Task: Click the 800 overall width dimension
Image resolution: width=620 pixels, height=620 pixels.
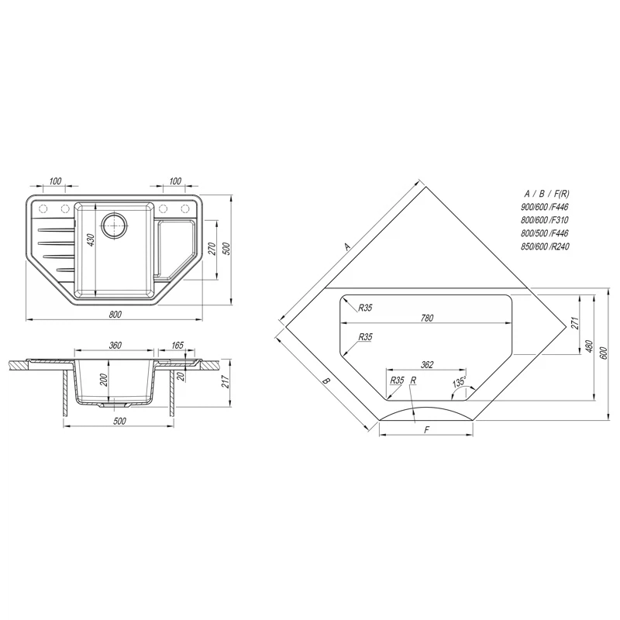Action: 115,315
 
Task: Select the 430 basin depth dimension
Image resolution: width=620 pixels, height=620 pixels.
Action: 91,240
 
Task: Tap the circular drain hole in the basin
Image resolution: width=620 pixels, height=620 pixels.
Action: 114,225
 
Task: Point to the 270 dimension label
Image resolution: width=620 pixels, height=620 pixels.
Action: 212,249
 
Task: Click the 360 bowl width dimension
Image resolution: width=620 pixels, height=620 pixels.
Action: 115,345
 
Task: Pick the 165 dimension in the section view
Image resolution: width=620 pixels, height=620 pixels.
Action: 177,345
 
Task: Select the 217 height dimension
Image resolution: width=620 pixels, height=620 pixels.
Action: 226,381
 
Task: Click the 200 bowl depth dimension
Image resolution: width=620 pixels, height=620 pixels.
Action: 104,380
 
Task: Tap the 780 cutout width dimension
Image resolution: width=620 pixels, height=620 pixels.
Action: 427,318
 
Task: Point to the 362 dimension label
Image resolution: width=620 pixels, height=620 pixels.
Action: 427,364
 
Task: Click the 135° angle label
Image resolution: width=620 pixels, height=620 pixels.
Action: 460,382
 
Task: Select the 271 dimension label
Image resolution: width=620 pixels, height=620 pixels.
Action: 575,323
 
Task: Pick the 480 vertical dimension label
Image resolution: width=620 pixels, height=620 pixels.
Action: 589,346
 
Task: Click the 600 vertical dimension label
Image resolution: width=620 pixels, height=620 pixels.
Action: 603,353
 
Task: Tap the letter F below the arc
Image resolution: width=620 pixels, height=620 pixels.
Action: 426,430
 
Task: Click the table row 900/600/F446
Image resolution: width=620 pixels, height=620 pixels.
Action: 545,207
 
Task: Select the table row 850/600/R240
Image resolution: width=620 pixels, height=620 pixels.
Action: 545,246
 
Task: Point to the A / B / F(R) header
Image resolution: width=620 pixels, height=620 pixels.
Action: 546,194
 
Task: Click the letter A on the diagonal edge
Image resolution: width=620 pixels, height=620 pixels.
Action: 347,246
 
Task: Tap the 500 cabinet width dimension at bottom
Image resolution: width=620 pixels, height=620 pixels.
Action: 119,421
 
